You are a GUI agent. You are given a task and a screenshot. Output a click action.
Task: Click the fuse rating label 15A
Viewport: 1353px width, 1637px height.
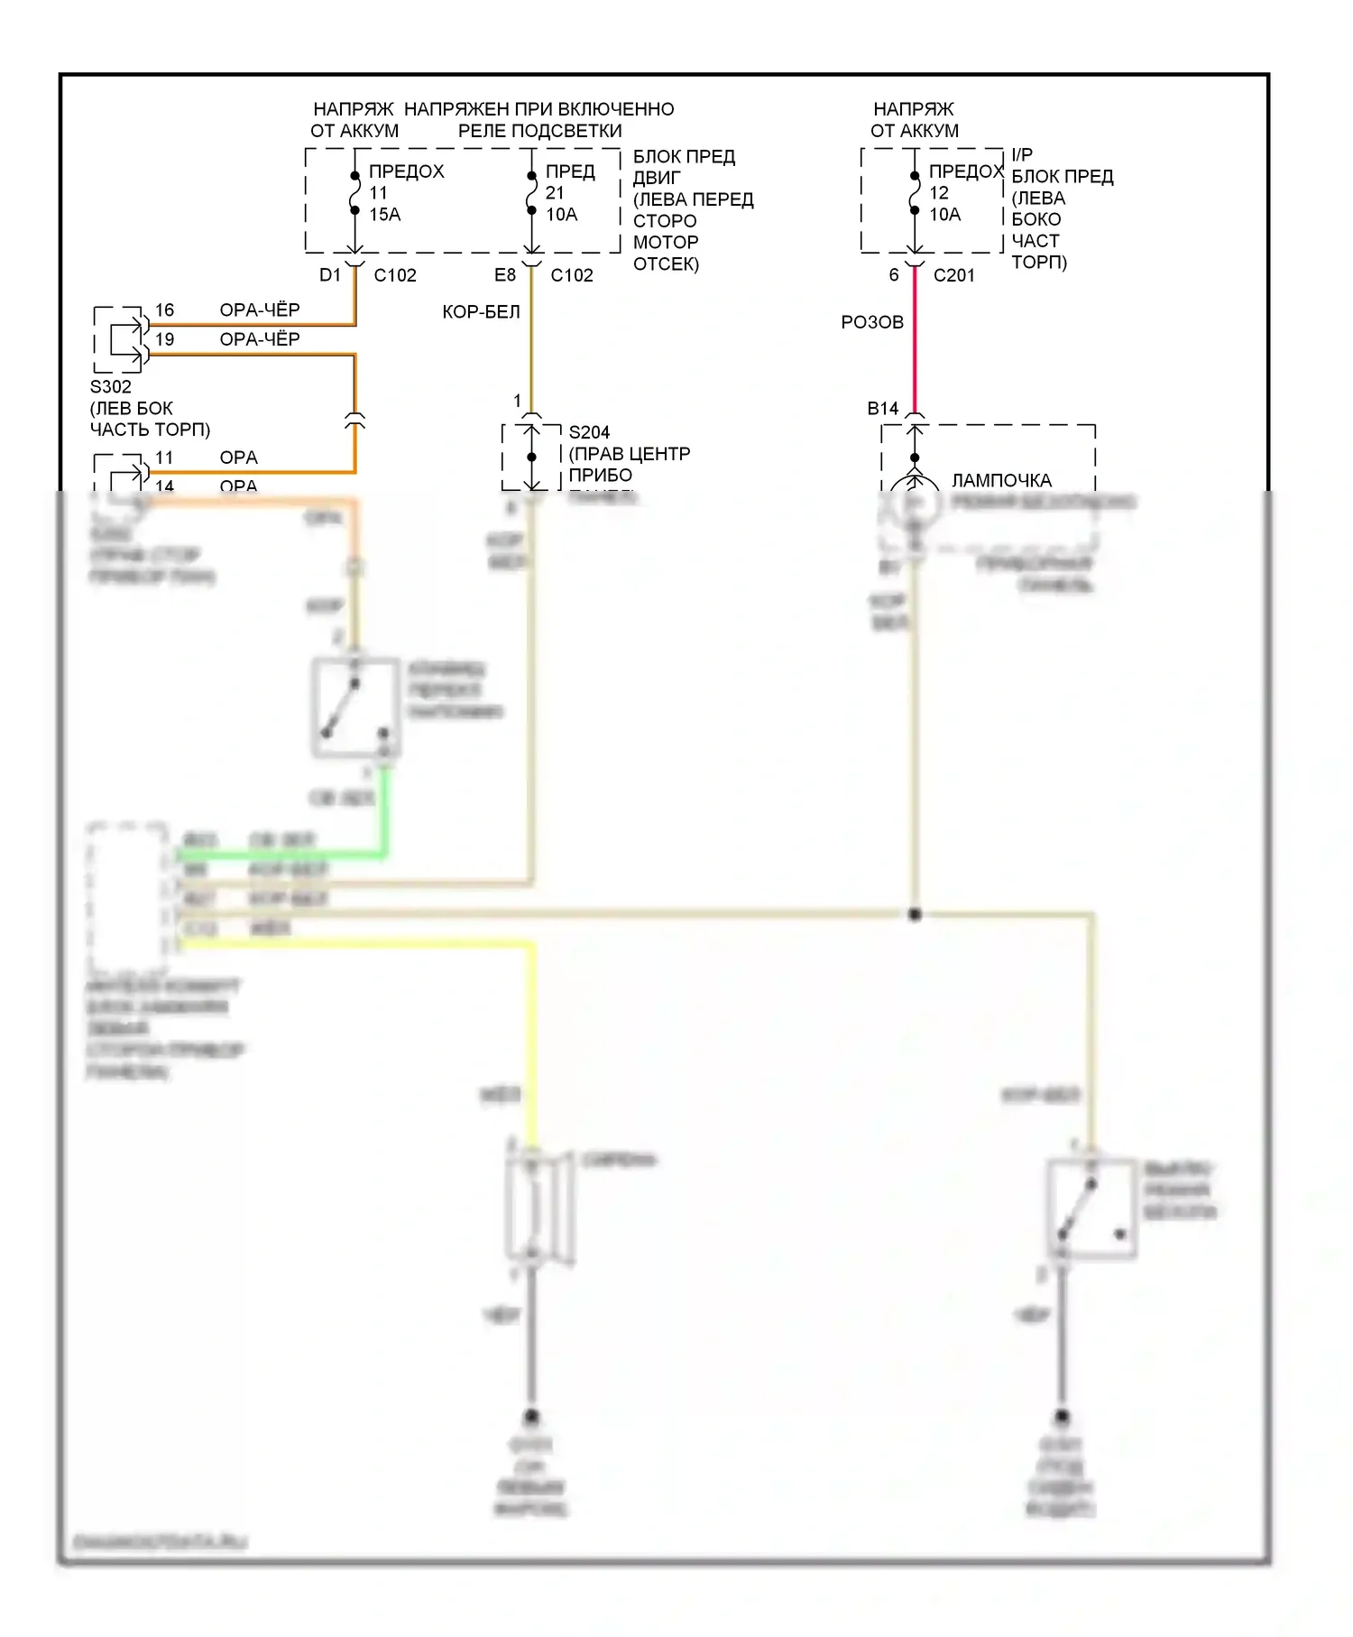point(385,215)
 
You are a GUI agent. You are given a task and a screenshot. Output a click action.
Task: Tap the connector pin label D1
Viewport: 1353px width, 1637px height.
point(330,275)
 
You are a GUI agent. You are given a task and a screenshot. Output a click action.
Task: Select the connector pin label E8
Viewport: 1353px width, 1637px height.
point(505,275)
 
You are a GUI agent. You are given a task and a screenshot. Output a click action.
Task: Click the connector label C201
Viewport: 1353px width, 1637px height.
point(953,275)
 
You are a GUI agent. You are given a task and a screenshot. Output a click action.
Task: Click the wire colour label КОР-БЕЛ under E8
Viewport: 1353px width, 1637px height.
point(481,312)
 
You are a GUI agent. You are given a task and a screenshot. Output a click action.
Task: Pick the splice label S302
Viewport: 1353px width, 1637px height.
point(111,387)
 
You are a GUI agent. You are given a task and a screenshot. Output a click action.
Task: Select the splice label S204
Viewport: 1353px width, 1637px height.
point(589,432)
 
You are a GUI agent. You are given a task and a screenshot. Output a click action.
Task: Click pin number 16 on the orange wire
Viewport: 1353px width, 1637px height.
point(164,310)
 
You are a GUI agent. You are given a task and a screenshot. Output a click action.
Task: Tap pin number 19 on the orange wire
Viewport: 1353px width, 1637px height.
point(164,339)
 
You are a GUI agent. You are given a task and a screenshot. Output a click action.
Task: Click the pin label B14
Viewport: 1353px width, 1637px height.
point(883,409)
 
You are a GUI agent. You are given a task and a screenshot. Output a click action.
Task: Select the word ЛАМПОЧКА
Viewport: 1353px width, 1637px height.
point(1001,481)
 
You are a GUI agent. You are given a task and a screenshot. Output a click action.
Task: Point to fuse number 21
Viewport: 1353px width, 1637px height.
point(555,193)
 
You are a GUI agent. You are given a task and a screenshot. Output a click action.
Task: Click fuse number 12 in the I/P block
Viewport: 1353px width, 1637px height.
point(939,193)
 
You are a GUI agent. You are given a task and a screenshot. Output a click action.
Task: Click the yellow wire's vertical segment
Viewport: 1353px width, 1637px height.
point(531,1038)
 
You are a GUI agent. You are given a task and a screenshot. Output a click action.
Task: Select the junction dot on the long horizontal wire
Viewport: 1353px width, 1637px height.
point(915,914)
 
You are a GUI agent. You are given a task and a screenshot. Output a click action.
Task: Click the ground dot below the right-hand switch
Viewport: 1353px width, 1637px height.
point(1062,1416)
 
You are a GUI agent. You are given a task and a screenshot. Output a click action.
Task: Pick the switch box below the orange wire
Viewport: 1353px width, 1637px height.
point(355,708)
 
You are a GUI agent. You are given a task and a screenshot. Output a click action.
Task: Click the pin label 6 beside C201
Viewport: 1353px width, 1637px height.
point(894,275)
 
